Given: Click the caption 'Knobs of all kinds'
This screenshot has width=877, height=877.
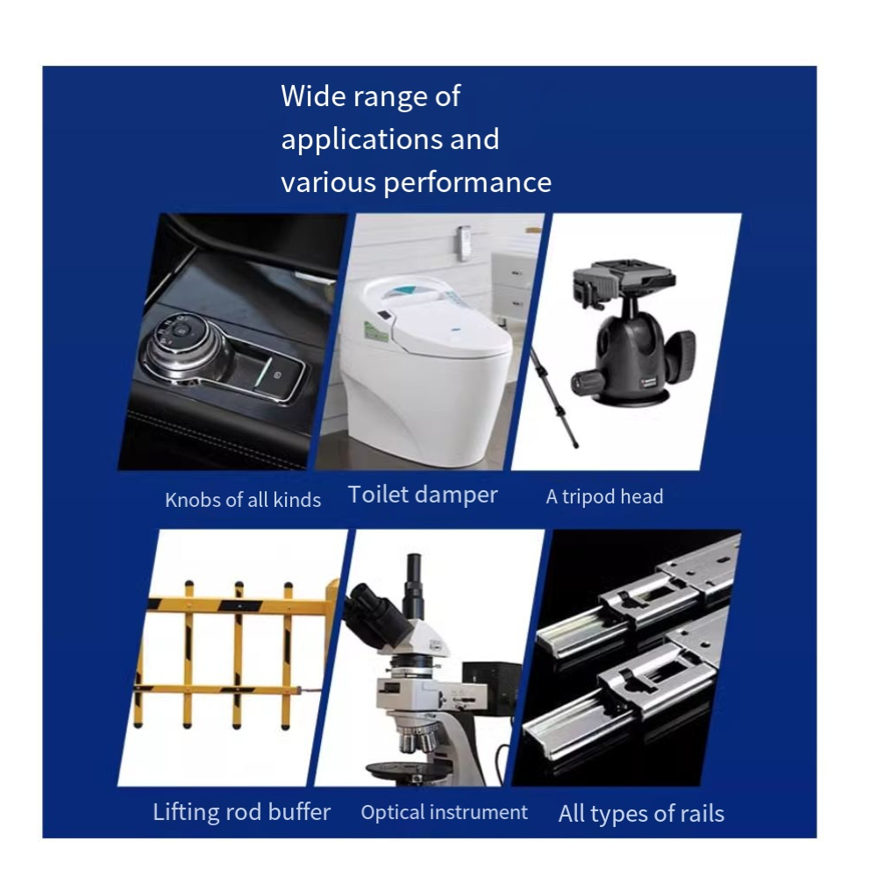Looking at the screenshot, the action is click(243, 500).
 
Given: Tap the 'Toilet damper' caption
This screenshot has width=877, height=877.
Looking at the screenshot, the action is click(423, 495).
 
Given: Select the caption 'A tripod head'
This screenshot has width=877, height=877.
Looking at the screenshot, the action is click(604, 496).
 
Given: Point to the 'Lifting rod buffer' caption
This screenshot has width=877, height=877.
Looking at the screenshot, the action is click(242, 812).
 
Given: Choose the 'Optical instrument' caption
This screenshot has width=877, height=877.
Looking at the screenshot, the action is click(444, 813).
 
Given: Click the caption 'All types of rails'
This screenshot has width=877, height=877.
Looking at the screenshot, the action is click(641, 814).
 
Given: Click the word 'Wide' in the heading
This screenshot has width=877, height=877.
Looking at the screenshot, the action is click(313, 96).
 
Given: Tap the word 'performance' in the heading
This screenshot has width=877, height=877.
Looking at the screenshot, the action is click(467, 183).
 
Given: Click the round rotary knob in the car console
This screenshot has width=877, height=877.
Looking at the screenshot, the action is click(179, 341).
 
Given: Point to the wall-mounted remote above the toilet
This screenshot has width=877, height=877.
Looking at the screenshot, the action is click(464, 243).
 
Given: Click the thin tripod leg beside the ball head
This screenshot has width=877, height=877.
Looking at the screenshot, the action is click(554, 396).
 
